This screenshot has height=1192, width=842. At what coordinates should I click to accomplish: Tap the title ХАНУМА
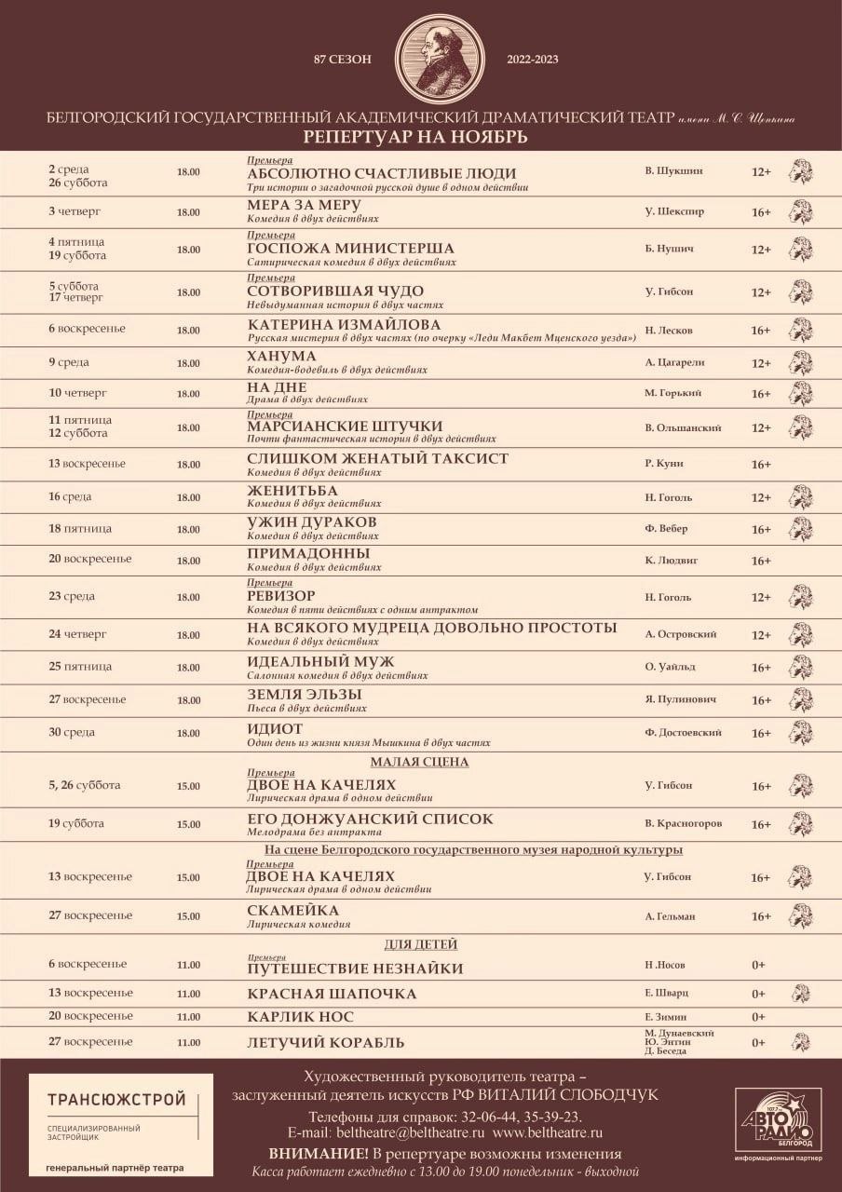281,356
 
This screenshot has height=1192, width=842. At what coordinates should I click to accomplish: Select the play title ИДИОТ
275,728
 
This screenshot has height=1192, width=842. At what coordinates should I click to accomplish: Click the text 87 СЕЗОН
343,60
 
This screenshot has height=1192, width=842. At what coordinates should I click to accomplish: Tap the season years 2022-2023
533,60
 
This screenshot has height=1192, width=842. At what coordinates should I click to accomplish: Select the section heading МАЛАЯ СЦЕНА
422,762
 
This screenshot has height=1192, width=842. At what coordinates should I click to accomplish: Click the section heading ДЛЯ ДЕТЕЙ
421,944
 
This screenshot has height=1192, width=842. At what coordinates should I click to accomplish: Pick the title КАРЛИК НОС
300,1016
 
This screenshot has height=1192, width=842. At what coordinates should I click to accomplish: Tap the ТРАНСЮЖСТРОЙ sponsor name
116,1101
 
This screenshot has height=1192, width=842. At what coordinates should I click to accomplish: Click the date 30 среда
72,732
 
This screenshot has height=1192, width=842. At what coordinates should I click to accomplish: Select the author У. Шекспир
674,211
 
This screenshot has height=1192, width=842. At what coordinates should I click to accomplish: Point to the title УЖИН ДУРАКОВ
311,521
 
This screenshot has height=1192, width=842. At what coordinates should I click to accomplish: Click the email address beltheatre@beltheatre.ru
414,1133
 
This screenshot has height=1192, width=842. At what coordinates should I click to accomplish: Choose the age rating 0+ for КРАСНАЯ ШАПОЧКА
758,994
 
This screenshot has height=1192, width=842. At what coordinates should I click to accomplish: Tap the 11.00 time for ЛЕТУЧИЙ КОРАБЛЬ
188,1043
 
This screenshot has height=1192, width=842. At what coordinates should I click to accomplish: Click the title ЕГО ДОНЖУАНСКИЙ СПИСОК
370,819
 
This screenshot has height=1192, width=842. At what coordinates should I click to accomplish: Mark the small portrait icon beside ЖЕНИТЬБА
800,496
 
